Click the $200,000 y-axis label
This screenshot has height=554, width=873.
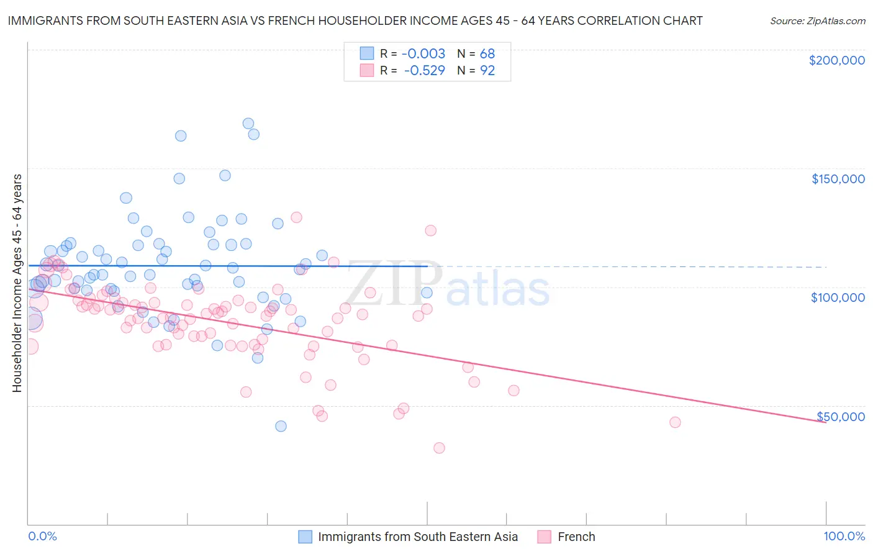click(x=836, y=60)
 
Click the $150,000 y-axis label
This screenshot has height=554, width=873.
click(x=838, y=179)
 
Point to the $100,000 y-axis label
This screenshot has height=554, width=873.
click(x=838, y=297)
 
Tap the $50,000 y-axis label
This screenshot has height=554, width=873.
click(x=840, y=417)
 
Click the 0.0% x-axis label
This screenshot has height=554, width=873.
click(x=42, y=536)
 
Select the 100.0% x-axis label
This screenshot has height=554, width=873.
click(x=844, y=536)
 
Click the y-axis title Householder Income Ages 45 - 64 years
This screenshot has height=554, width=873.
click(x=17, y=283)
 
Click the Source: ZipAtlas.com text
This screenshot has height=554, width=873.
click(x=817, y=20)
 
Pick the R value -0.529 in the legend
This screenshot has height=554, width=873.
click(x=424, y=71)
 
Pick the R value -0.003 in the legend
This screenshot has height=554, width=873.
click(x=424, y=54)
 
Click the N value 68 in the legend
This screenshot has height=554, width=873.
click(x=487, y=54)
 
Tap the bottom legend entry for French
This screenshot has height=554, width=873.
click(x=576, y=537)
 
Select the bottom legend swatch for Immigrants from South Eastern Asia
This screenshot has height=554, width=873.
click(x=305, y=537)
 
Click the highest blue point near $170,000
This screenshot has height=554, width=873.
click(x=248, y=124)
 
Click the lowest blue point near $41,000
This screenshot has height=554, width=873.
click(x=281, y=426)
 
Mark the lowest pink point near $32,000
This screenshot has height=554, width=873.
click(x=439, y=448)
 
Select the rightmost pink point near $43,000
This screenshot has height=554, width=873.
click(x=675, y=422)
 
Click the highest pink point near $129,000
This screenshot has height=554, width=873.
click(x=296, y=217)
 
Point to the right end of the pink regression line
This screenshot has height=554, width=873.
click(x=825, y=422)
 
